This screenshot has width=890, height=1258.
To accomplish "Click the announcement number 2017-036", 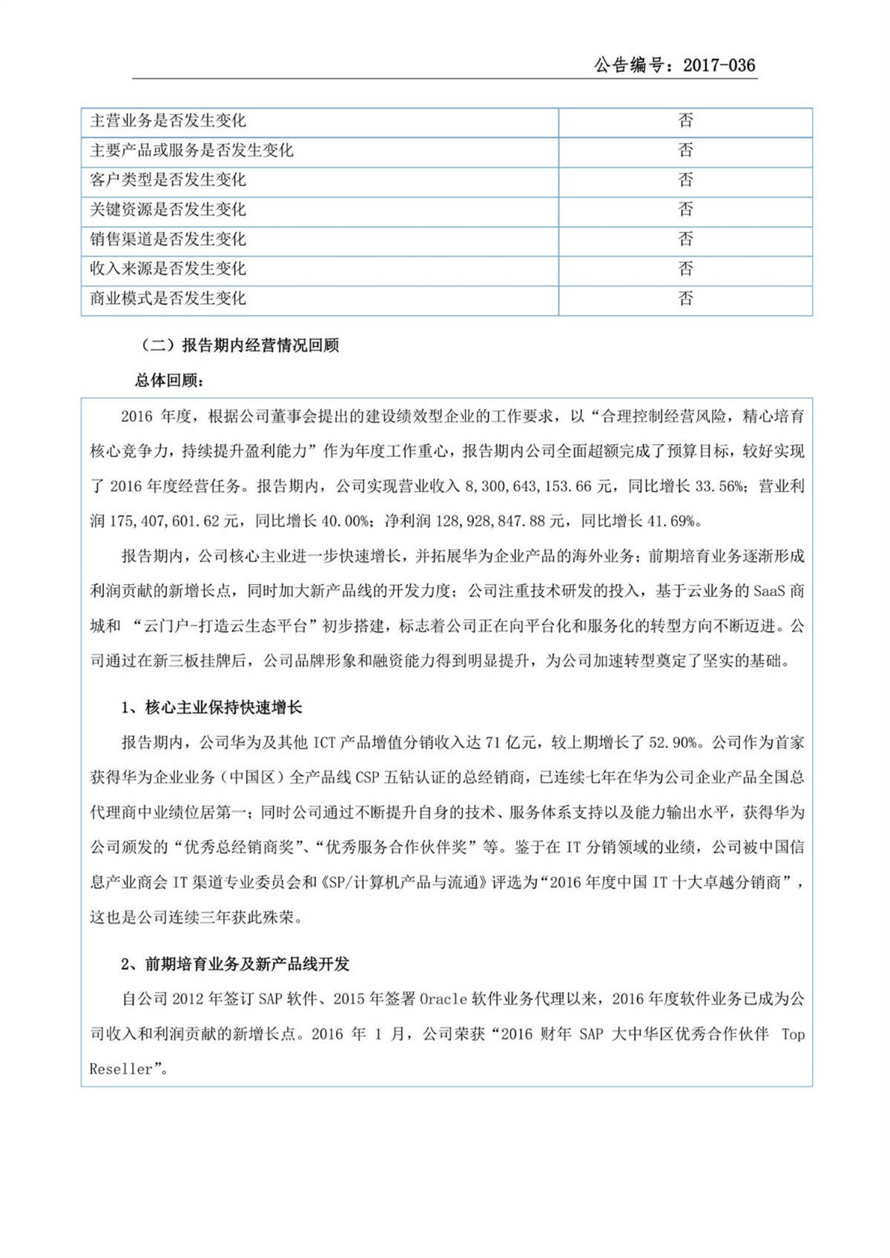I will coord(719,65).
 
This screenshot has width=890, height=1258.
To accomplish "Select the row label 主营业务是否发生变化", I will coord(168,121).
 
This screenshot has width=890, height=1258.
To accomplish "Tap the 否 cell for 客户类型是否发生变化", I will coord(685,180).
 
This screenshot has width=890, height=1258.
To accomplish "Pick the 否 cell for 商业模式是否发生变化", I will coord(685,299).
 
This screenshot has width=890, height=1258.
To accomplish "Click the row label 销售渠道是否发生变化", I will coord(168,239).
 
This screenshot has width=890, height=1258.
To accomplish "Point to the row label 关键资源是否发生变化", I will coord(168,210).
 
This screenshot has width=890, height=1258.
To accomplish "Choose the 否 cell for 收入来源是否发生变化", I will coord(685,269).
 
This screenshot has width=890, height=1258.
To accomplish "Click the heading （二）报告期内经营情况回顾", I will coord(240,345).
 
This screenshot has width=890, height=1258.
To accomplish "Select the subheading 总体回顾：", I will coord(169,380).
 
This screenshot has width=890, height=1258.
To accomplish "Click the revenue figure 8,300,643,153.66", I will coord(528,487).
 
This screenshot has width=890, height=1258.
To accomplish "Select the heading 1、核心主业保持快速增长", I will coord(211,708).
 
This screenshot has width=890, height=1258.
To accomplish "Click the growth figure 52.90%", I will coord(673,743).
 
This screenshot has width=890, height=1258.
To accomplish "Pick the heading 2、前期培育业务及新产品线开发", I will coord(235,964).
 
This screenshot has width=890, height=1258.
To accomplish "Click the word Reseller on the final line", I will coord(121,1070).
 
